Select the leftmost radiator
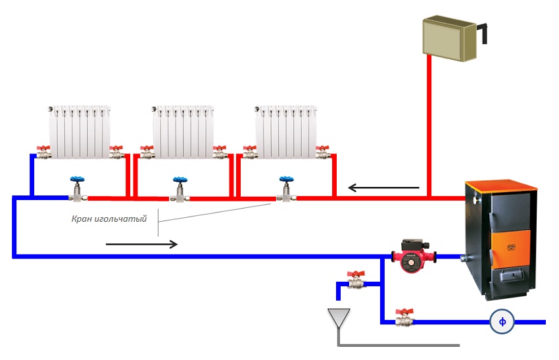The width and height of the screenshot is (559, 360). tap(76, 132)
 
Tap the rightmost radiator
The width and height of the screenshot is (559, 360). tap(284, 132)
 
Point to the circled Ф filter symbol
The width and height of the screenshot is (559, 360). tap(502, 322)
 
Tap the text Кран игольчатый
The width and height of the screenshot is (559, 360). tap(109, 219)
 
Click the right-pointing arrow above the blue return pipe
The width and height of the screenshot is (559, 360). tap(141, 244)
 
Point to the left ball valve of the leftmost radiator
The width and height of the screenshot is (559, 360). tap(44, 153)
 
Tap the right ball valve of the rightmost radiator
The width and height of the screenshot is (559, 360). tap(322, 153)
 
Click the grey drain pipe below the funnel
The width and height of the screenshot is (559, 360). tap(395, 344)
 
